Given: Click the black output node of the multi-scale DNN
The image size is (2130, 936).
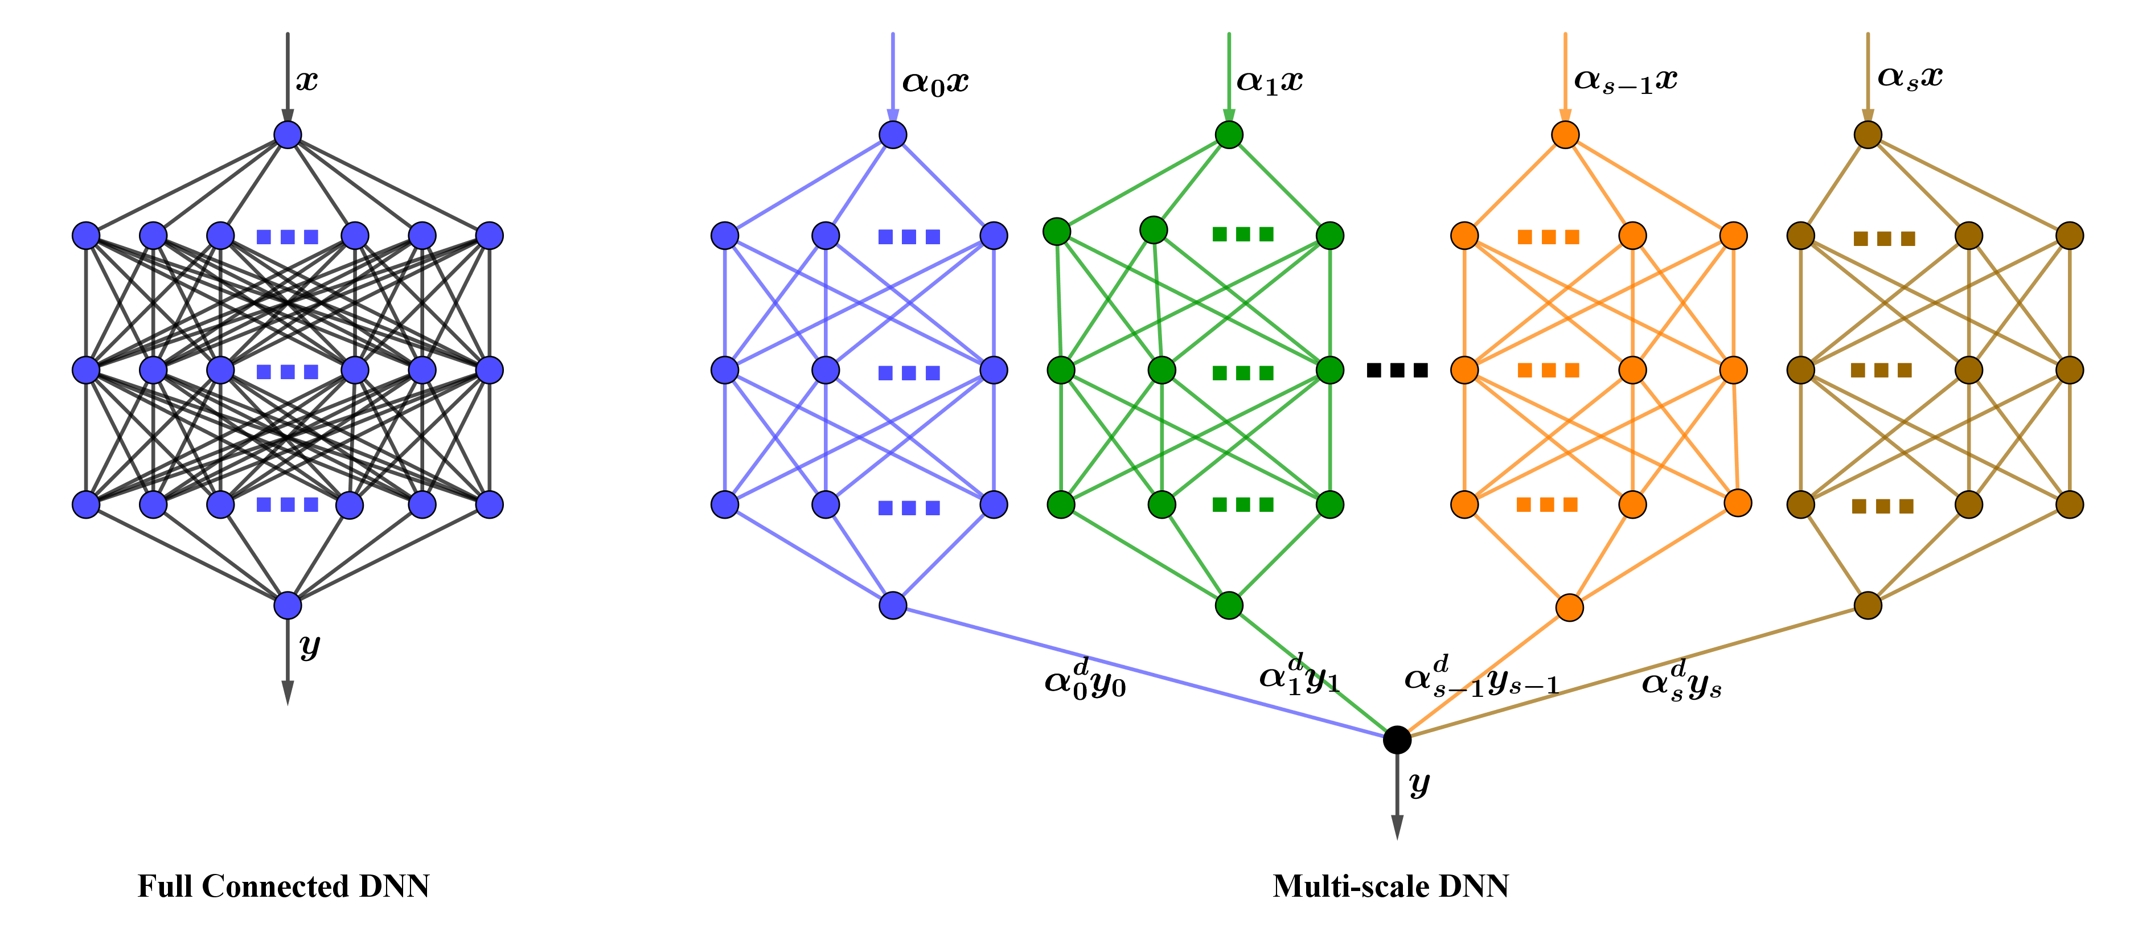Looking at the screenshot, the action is click(x=1397, y=739).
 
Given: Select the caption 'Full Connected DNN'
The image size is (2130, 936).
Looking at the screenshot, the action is click(x=284, y=886).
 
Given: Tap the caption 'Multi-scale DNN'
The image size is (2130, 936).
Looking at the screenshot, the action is click(x=1391, y=886).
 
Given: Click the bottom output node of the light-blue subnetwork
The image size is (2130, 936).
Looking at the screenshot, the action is click(x=893, y=605).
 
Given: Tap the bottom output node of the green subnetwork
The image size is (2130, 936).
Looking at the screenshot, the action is click(x=1229, y=605).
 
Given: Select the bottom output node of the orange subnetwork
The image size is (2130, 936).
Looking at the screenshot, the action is click(x=1569, y=607).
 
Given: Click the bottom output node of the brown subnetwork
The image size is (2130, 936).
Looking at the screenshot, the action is click(x=1868, y=605).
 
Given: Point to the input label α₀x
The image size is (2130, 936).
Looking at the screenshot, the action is click(x=935, y=83).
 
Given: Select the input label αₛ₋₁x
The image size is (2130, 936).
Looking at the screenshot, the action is click(x=1626, y=81).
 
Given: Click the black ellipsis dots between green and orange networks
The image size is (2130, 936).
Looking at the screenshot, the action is click(x=1397, y=371).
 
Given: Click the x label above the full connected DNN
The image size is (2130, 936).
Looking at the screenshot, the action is click(x=307, y=81).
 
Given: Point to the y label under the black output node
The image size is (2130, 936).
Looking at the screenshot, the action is click(x=1419, y=784).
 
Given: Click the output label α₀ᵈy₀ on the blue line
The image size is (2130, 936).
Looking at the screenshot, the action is click(x=1085, y=680).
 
